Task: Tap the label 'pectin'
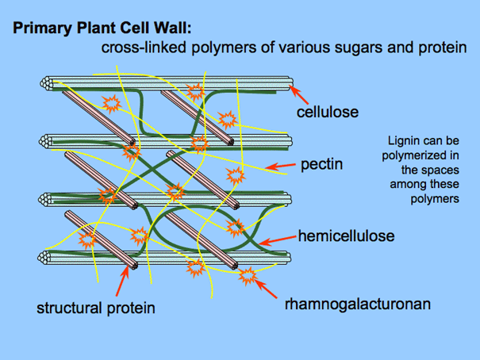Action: coord(321,166)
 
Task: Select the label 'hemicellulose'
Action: coord(346,236)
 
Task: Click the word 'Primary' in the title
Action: coord(39,29)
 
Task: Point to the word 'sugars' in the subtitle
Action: coord(350,48)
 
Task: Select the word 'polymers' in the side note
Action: coord(435,199)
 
